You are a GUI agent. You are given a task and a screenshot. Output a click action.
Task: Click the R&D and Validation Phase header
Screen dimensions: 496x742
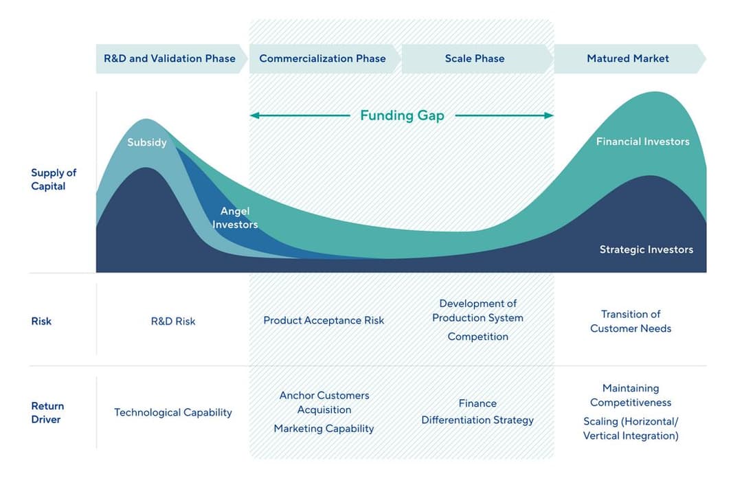[x=170, y=58]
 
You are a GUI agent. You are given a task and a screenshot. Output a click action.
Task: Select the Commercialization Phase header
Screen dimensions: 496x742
[x=322, y=58]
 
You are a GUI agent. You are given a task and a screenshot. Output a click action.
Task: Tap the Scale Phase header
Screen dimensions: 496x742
[x=475, y=58]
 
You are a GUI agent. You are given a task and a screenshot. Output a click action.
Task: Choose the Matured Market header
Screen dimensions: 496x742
[x=627, y=58]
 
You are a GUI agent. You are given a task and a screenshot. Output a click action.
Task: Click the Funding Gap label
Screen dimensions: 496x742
[x=402, y=115]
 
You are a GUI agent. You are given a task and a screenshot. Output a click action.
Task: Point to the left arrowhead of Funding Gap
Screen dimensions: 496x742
[x=254, y=115]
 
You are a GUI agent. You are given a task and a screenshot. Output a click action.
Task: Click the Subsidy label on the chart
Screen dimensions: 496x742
[x=147, y=142]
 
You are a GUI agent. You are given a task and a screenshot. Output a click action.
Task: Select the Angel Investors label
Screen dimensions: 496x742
[x=235, y=218]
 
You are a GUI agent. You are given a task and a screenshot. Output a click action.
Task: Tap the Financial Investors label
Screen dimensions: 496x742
[x=642, y=142]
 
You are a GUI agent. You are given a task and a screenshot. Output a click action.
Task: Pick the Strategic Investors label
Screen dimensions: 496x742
[x=646, y=249]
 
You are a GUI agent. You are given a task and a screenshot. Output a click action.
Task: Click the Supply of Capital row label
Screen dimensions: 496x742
[x=54, y=179]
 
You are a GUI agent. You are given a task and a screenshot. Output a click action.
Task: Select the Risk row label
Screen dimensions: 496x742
[x=41, y=321]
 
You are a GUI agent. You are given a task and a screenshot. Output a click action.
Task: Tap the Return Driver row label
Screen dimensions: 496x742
[x=47, y=412]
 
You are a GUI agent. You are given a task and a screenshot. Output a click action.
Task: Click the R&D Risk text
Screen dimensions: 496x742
[x=173, y=321]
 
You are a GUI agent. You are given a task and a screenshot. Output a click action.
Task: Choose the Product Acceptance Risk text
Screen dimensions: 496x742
[x=324, y=320]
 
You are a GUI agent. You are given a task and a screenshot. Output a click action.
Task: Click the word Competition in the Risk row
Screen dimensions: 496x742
[x=477, y=337]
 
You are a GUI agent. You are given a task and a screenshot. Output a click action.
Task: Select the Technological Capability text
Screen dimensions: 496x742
[x=173, y=412]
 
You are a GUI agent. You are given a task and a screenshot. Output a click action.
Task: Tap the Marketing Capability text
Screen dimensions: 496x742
[x=324, y=429]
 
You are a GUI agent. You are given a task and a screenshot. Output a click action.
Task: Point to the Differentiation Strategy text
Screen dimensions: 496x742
[x=477, y=420]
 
